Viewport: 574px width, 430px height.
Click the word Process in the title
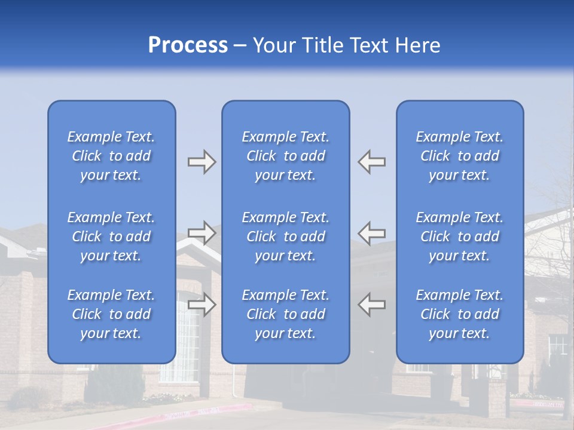point(188,45)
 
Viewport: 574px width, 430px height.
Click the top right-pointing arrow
point(201,162)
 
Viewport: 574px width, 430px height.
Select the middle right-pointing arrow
point(201,232)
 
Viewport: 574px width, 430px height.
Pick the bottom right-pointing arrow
point(201,305)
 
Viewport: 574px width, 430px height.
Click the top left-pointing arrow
point(372,162)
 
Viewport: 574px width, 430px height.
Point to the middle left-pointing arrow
point(372,232)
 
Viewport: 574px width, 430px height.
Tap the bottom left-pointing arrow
point(372,305)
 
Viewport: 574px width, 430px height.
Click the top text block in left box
point(111,156)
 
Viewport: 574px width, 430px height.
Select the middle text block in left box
point(111,236)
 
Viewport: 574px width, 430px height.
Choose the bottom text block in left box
point(111,314)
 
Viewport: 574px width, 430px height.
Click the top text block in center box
point(286,156)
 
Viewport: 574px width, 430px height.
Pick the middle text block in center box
point(286,236)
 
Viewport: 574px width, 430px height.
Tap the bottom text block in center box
point(286,314)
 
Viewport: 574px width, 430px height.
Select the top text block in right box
point(460,156)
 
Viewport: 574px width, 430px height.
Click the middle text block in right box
point(460,236)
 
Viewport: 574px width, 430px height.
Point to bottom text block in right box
point(460,314)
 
